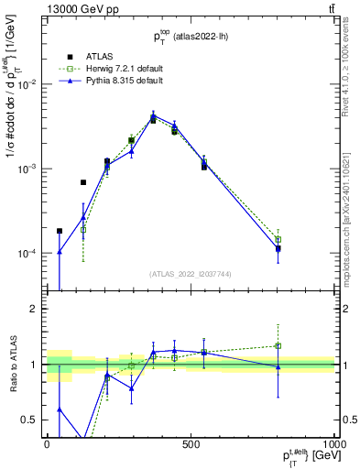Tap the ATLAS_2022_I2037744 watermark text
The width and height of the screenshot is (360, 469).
pos(191,274)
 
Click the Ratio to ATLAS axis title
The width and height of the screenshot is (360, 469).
pos(12,364)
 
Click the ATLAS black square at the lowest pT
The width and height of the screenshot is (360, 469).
pos(60,231)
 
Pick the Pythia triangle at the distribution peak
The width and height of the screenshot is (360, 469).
pos(153,115)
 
